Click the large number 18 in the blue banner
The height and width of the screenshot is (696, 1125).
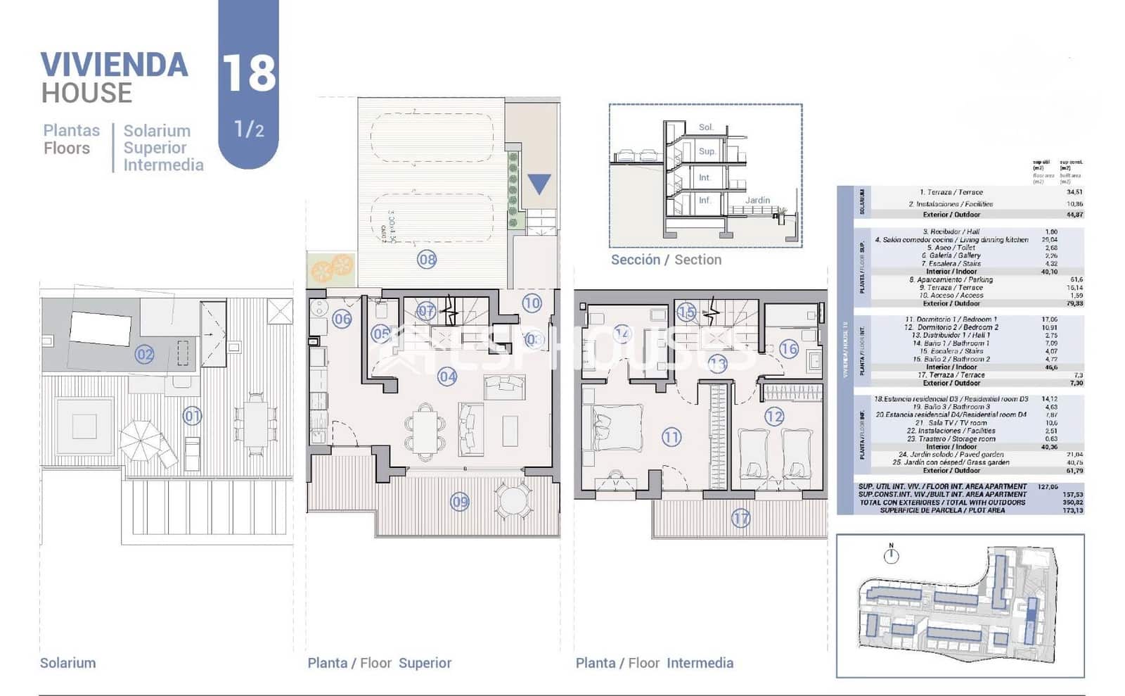point(249,73)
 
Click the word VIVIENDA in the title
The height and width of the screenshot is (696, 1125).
point(114,65)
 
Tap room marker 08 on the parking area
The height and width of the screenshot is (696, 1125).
point(427,260)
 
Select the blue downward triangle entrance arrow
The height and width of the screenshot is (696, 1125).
point(539,184)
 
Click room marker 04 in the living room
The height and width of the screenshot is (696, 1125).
point(447,377)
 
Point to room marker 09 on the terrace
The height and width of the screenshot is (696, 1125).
point(460,502)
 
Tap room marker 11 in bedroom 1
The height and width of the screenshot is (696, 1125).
point(671,437)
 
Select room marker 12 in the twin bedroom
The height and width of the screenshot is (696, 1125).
point(774,417)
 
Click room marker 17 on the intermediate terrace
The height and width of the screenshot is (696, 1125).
point(740,519)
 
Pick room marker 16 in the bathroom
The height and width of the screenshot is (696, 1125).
point(789,348)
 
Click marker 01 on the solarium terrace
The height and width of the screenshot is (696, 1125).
point(192,416)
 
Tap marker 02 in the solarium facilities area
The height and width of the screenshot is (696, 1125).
point(145,354)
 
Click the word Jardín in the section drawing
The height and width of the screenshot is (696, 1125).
point(757,200)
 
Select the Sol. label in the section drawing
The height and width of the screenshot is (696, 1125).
point(706,127)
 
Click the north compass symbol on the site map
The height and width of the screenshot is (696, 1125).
point(891,555)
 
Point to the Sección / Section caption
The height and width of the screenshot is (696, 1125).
point(666,260)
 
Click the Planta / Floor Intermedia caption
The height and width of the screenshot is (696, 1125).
point(654,663)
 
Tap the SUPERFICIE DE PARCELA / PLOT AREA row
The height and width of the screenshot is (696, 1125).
point(942,510)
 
